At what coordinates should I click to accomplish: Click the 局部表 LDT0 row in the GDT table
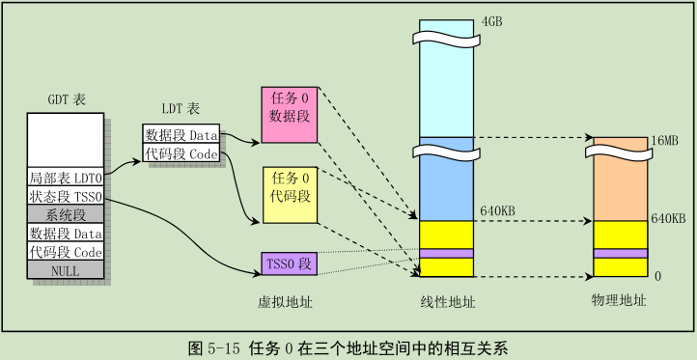(65, 179)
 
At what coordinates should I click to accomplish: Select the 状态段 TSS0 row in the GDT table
(65, 197)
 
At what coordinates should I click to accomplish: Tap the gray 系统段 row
(65, 215)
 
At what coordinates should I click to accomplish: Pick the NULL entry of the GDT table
(65, 271)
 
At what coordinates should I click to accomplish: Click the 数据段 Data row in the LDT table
(181, 135)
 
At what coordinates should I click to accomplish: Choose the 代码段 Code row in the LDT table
(181, 153)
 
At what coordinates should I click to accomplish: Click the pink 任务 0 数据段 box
(290, 115)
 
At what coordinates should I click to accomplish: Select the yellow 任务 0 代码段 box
(290, 194)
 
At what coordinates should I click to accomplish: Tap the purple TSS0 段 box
(290, 264)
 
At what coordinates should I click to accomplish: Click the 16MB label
(665, 141)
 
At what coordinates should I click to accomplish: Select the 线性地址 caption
(449, 302)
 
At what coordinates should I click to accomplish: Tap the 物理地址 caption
(619, 302)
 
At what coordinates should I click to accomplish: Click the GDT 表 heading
(65, 98)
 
